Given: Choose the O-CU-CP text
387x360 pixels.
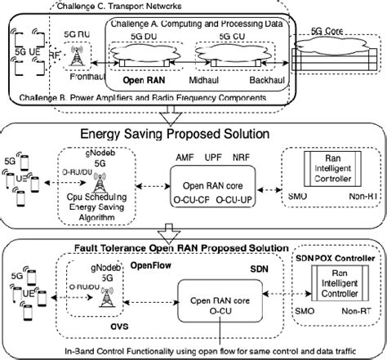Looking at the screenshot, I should [184, 196].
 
